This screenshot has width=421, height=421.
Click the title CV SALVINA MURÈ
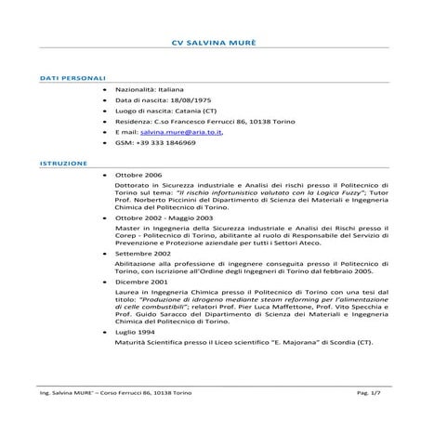(210, 43)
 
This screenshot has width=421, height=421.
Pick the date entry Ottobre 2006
(139, 175)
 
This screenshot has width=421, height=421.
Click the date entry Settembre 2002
(144, 253)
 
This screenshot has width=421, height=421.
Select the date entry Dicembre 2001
(142, 281)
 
